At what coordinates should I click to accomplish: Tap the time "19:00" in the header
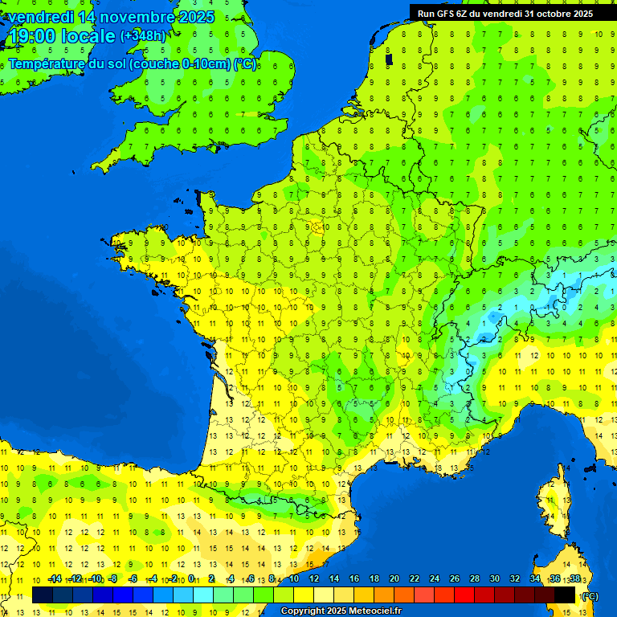pos(31,36)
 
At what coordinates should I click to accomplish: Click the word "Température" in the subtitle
pos(47,64)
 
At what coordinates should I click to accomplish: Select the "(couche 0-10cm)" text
pos(179,64)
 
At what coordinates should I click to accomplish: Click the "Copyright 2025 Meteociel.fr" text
pos(341,611)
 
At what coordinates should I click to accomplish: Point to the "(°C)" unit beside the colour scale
pos(589,596)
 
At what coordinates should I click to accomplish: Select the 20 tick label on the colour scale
pos(394,579)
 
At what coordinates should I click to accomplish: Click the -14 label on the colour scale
pos(55,579)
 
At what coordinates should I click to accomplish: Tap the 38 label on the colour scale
pos(574,579)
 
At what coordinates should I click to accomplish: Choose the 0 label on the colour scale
pos(193,579)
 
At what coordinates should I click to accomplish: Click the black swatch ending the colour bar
pos(565,595)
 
